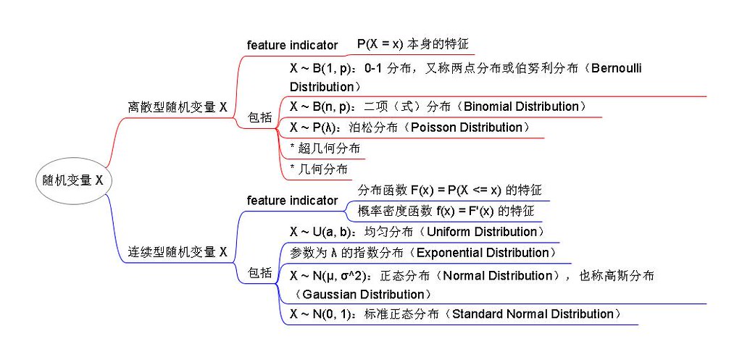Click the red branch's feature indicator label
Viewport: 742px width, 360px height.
pos(292,45)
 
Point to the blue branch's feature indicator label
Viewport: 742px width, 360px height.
pos(292,200)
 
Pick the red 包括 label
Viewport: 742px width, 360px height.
pos(260,117)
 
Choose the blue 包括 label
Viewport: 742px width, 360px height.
pos(260,273)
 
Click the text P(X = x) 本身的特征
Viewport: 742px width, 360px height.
pos(413,44)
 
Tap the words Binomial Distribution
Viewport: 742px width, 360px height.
pos(521,106)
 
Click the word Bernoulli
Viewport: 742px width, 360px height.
pos(617,69)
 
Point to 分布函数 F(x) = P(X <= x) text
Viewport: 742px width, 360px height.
pos(449,191)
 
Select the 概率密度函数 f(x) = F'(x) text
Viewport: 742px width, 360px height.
pos(446,212)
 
